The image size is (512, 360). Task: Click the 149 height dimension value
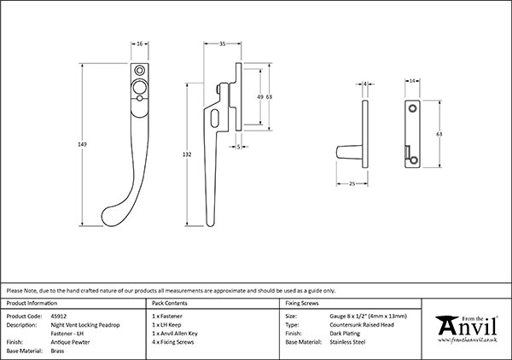coord(82,144)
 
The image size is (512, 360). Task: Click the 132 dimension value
coord(188,154)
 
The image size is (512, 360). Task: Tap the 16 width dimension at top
coord(139,43)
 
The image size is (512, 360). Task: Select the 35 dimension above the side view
coord(222,43)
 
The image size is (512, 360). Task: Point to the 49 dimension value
coord(259,97)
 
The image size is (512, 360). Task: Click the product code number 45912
coord(59,316)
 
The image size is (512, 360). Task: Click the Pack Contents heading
coord(169,303)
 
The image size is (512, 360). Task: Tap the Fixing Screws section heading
coord(304,303)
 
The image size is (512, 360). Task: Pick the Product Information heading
coord(32,303)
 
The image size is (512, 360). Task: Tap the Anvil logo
coord(465,326)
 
